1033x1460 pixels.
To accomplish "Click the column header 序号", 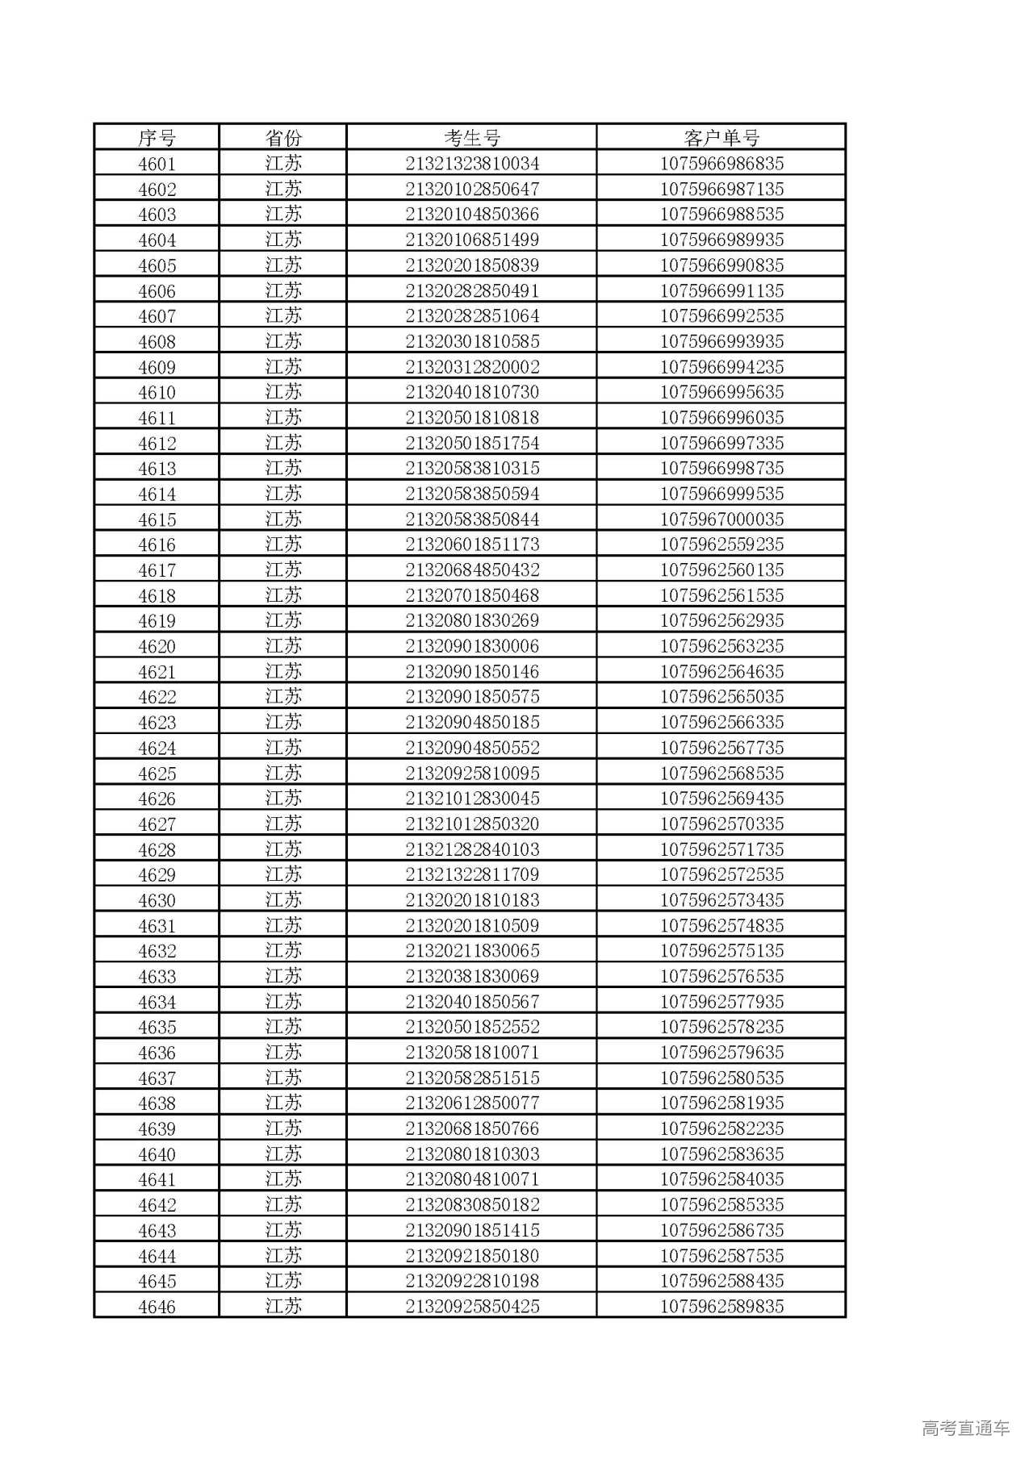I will coord(157,137).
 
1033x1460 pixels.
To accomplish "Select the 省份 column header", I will coord(282,137).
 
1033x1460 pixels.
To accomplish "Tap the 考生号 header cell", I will coord(472,137).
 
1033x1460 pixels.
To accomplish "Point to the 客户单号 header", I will coord(721,137).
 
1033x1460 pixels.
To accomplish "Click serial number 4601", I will coord(157,164).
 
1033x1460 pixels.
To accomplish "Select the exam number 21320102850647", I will coord(472,190).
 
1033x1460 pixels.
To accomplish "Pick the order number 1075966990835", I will coord(721,265).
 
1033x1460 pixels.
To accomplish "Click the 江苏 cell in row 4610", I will coord(282,392).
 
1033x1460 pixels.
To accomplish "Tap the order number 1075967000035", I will coord(721,519).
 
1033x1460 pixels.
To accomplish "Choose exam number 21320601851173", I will coord(472,544).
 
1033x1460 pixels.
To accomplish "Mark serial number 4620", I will coord(157,646).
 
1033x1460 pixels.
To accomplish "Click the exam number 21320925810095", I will coord(472,774).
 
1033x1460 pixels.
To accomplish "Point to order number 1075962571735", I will coord(721,849).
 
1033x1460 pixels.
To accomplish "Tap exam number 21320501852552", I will coord(472,1027).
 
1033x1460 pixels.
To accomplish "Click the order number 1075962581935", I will coord(721,1103).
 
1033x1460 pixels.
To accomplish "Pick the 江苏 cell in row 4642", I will coord(282,1204).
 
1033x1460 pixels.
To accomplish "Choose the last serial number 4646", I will coord(157,1307).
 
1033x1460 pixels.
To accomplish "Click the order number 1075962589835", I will coord(721,1307).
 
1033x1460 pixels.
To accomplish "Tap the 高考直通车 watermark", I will coord(965,1429).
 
